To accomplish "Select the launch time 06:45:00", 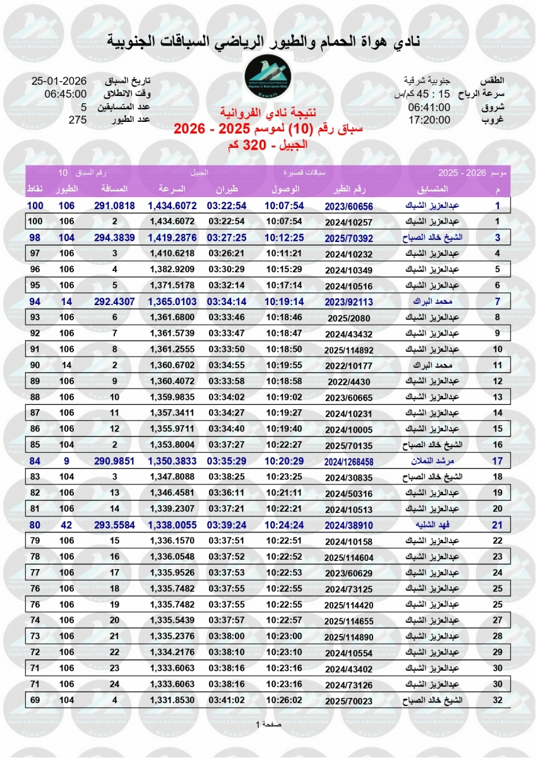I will point(65,94).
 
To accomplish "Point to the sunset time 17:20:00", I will point(429,119).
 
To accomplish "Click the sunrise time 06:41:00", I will point(429,107).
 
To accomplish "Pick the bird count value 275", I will point(77,119).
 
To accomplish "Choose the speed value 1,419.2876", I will point(172,238).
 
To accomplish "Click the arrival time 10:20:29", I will point(285,461).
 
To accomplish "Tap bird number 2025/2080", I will point(348,318).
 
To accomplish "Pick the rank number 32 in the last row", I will point(497,700).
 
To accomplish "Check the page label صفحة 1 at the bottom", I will point(268,724).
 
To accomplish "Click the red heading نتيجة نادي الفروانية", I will point(268,114).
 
